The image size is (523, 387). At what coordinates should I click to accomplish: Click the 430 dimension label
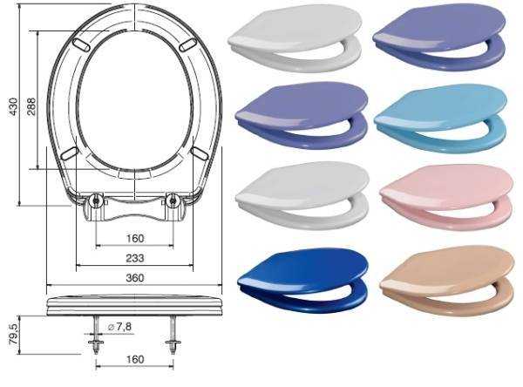[x=13, y=106]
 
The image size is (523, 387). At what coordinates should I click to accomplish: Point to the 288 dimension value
[x=31, y=106]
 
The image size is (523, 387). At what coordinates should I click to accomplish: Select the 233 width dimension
[x=135, y=258]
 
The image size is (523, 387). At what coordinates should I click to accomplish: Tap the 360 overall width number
[x=135, y=278]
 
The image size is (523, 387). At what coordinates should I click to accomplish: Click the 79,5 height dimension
[x=15, y=335]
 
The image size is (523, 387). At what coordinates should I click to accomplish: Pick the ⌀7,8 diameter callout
[x=120, y=327]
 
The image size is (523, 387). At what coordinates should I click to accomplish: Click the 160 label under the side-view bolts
[x=135, y=360]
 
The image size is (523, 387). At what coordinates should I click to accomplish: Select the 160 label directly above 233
[x=135, y=239]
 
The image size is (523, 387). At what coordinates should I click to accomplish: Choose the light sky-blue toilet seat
[x=441, y=119]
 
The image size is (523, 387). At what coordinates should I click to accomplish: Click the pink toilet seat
[x=446, y=198]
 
